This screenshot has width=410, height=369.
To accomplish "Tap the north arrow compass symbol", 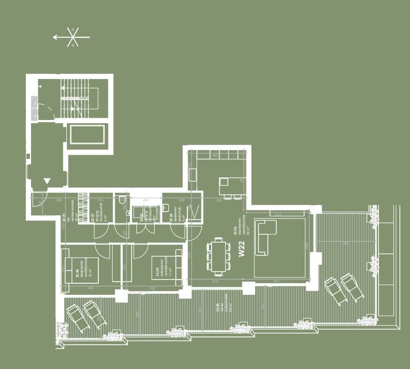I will tap(72, 37).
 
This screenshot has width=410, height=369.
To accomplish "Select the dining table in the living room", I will tap(217, 256).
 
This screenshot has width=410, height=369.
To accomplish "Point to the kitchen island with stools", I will tap(232, 187).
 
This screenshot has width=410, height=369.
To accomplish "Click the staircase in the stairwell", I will tap(79, 97).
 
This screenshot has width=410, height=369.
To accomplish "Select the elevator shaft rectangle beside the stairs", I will tap(88, 135).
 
